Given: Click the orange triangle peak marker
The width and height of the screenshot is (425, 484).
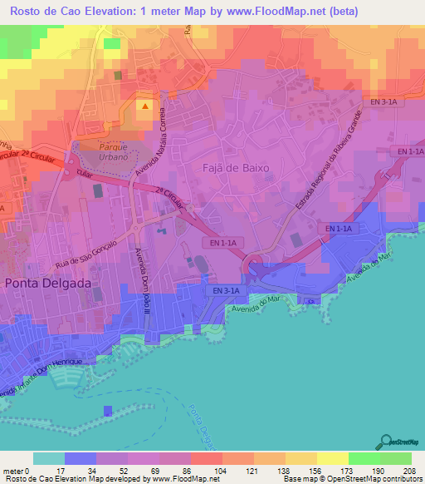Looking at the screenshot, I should click(x=145, y=106).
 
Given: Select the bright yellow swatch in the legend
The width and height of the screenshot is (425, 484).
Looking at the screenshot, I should click(x=332, y=458).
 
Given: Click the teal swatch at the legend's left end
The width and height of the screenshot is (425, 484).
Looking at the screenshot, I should click(x=48, y=458).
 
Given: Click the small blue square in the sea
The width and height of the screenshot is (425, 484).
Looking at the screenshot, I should click(x=107, y=411).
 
